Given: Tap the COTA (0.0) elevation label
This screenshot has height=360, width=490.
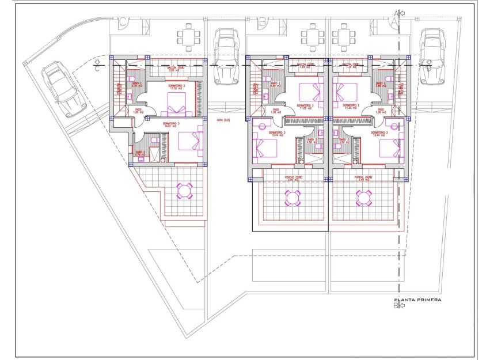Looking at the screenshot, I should [x=223, y=120].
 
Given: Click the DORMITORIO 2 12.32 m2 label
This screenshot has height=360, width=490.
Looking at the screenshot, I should [x=177, y=88].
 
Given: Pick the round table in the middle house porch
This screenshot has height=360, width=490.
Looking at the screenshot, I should [x=292, y=198].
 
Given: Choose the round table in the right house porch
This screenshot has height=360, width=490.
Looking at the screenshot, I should [x=363, y=198].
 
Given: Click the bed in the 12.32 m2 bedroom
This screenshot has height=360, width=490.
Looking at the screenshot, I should [x=177, y=105].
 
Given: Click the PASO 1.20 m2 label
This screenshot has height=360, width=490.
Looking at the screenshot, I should [x=139, y=111].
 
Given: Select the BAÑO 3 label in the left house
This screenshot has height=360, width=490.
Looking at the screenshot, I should [x=140, y=153].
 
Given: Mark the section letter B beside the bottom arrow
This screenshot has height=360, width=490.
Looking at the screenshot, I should [x=396, y=306].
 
